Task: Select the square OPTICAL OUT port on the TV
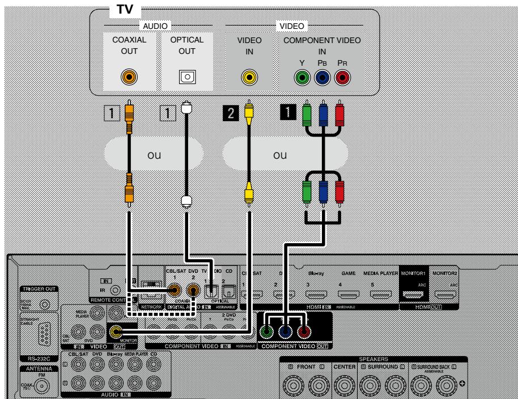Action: point(186,77)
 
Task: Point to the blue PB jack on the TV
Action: point(322,77)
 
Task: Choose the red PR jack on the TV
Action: point(342,77)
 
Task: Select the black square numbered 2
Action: point(231,113)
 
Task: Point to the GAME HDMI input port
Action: point(349,294)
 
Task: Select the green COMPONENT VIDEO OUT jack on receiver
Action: point(266,333)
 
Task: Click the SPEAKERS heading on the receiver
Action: point(374,359)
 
